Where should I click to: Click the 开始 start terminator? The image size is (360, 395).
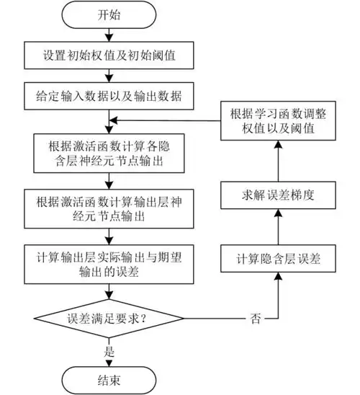(107, 15)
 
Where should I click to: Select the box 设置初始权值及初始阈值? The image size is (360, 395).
(107, 54)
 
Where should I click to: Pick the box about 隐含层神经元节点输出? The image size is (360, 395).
(107, 151)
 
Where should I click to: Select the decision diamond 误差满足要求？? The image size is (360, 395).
(107, 317)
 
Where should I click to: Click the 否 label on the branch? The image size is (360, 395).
(256, 317)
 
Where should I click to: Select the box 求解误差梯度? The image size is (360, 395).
(277, 195)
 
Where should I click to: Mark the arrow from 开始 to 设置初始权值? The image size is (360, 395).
(107, 34)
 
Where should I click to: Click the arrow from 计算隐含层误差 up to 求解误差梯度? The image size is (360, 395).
(277, 227)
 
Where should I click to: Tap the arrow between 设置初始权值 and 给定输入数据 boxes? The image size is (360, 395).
(107, 74)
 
